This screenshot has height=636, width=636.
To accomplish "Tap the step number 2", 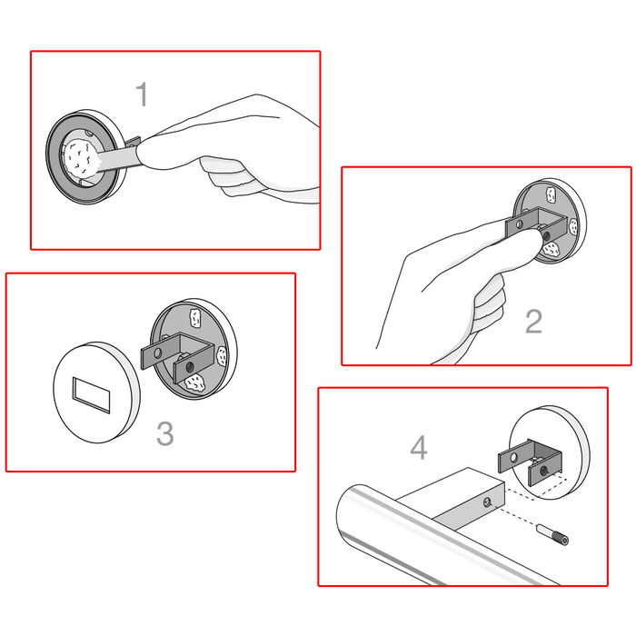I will tap(533, 322).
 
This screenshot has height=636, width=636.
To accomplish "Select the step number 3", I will tap(164, 433).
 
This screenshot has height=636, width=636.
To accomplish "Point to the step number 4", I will tap(419, 447).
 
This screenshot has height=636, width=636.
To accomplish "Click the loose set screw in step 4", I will tap(553, 536).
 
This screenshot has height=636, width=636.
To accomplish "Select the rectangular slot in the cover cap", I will tap(91, 394).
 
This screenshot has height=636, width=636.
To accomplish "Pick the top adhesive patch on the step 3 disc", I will tap(195, 317).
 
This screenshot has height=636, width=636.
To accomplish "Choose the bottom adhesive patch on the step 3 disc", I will tap(194, 384).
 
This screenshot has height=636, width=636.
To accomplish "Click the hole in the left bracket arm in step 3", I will tap(158, 351).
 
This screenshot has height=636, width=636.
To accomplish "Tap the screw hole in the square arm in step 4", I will tap(490, 501).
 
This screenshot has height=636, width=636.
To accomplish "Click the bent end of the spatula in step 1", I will tap(132, 143).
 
